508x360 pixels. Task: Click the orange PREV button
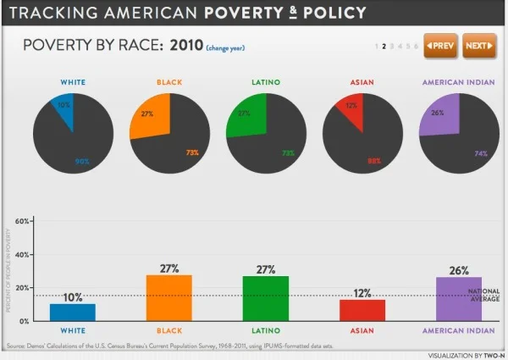tap(441, 45)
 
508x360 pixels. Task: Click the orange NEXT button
tap(480, 45)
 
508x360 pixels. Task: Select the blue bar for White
tap(72, 312)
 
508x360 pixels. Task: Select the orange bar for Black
tap(168, 297)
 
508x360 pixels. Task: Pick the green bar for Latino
tap(265, 298)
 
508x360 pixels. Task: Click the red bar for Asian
tap(362, 310)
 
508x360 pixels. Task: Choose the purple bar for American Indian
tap(458, 299)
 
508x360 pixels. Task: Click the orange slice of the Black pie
tap(151, 114)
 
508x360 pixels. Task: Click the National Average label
tap(483, 296)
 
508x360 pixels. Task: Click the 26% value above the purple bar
tap(458, 269)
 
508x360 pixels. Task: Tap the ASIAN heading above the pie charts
tap(362, 83)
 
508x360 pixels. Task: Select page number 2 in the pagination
tap(384, 46)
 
